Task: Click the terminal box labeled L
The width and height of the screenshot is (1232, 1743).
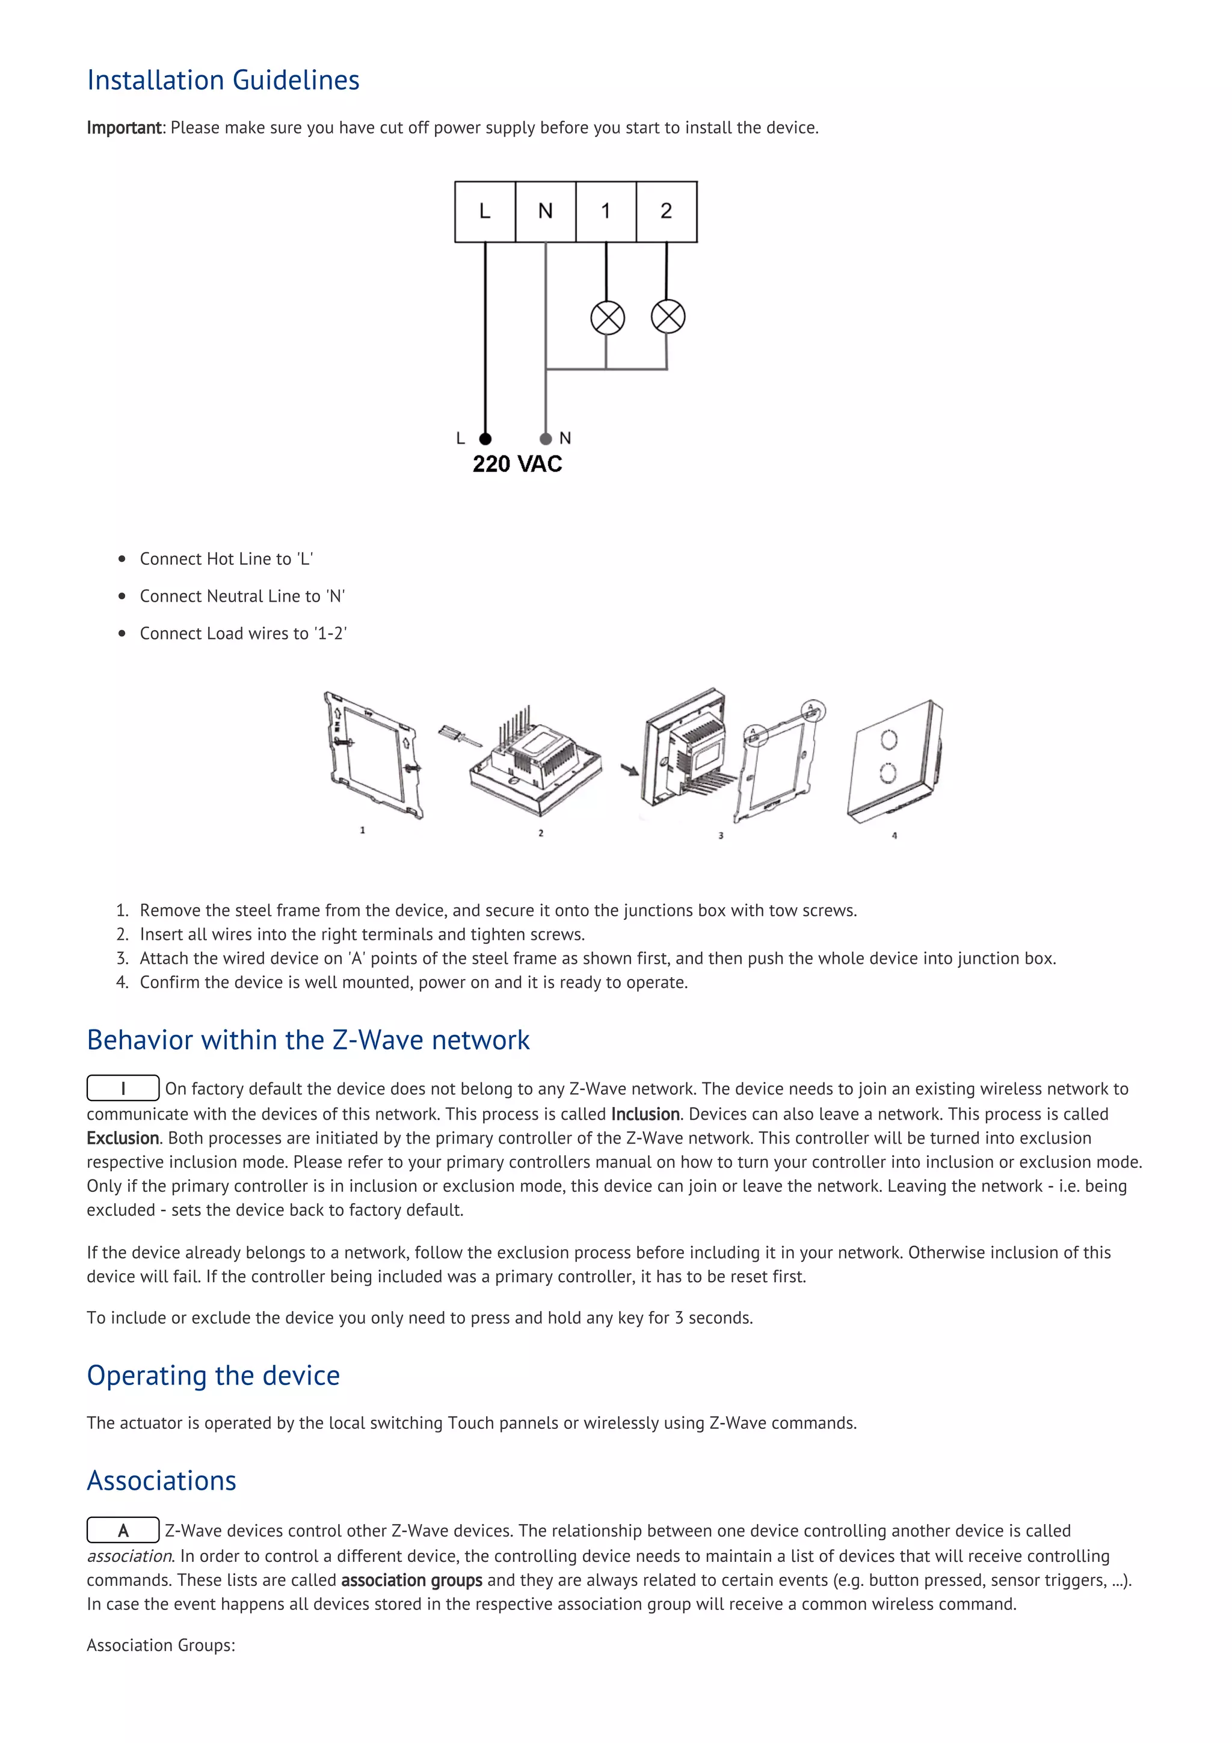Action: [485, 212]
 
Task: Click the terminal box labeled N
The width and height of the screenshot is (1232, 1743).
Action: [545, 212]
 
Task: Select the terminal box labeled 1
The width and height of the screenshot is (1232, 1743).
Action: [606, 212]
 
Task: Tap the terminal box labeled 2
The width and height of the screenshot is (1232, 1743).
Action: [667, 212]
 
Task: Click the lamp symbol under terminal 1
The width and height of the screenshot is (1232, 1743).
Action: [607, 317]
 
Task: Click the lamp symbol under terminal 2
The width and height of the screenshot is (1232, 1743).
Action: [668, 316]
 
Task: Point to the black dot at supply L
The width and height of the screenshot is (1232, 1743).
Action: [485, 439]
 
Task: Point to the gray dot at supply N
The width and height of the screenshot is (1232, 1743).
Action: [545, 439]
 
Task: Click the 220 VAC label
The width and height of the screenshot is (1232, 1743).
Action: [517, 464]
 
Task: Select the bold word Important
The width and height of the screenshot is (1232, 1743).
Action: [124, 128]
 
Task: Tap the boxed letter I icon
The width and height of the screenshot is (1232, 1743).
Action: [123, 1088]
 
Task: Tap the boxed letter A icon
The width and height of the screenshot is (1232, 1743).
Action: [123, 1529]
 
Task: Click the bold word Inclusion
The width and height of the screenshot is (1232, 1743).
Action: [645, 1114]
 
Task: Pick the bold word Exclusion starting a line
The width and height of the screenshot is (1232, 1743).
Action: [122, 1138]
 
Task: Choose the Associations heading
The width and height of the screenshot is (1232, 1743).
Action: [162, 1480]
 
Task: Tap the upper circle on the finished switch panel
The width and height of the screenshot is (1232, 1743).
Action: [888, 739]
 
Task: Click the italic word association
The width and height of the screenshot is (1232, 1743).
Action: [129, 1555]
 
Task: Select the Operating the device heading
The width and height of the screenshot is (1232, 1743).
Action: [214, 1375]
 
